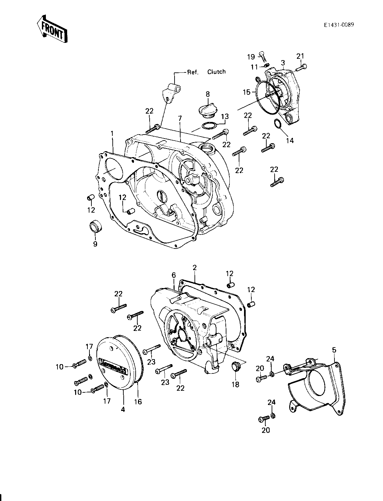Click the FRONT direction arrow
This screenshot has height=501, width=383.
(x=52, y=29)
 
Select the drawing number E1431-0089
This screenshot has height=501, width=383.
(x=339, y=25)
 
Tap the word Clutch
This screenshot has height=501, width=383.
(x=216, y=72)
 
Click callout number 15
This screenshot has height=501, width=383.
(x=247, y=92)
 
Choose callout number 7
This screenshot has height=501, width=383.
(x=180, y=119)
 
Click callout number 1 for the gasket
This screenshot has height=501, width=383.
(x=112, y=134)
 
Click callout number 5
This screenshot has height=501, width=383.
(x=334, y=350)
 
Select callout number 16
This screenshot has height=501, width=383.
(x=138, y=401)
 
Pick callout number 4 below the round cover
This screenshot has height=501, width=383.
(x=123, y=409)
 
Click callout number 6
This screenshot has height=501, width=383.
(x=174, y=275)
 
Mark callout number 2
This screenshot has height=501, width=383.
(x=194, y=267)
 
